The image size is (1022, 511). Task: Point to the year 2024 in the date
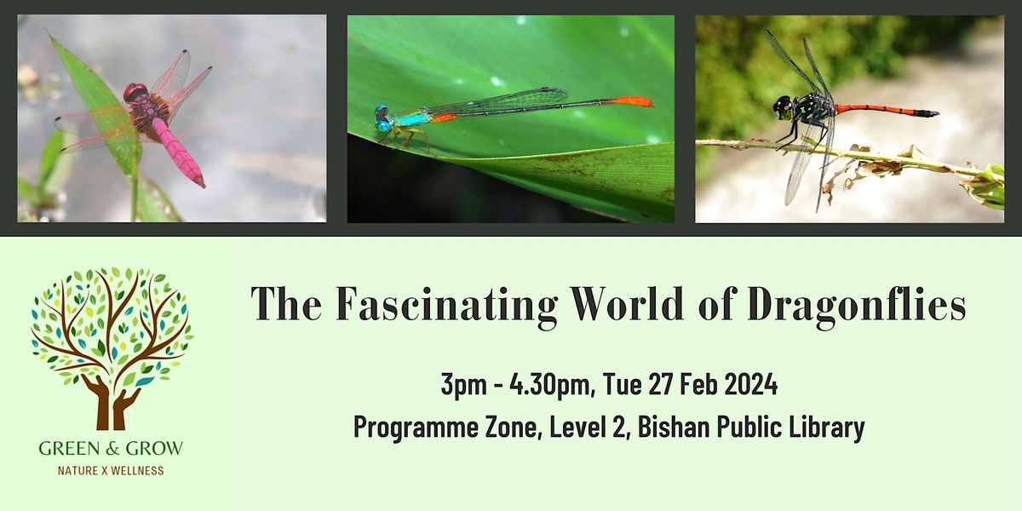(750, 384)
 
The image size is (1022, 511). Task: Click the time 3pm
(463, 386)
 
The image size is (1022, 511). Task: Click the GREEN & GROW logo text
(111, 449)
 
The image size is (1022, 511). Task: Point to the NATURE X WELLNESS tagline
(111, 470)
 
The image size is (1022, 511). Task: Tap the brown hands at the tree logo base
(111, 402)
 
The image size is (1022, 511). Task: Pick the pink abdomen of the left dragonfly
(178, 151)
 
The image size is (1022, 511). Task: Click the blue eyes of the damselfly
(382, 118)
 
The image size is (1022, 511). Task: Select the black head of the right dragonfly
(784, 107)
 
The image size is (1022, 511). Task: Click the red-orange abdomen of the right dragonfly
(876, 110)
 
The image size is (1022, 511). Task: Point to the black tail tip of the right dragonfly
(927, 113)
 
